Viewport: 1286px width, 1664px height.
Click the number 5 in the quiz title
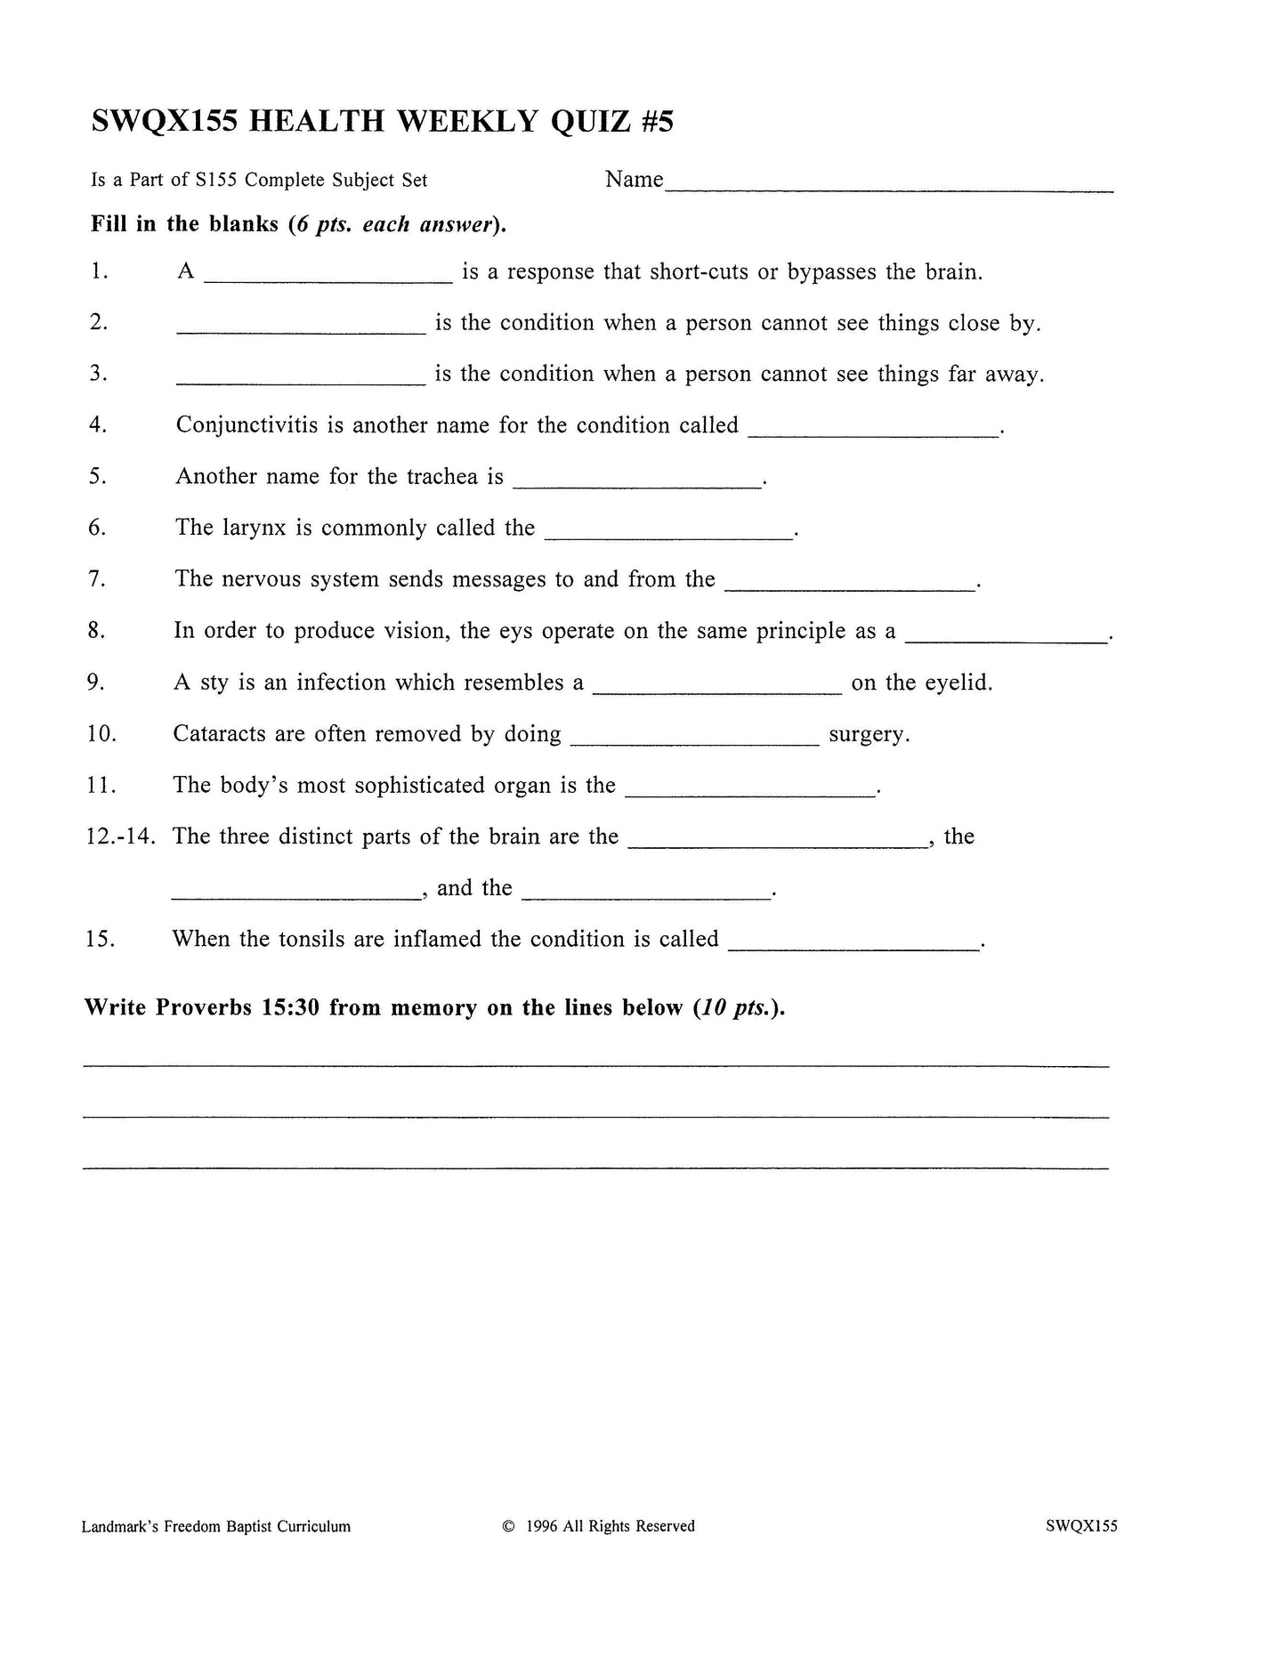click(664, 121)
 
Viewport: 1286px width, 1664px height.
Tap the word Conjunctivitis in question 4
click(247, 425)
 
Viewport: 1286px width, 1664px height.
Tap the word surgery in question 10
click(868, 735)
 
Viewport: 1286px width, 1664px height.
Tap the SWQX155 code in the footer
click(1081, 1527)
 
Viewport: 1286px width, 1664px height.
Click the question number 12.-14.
click(121, 837)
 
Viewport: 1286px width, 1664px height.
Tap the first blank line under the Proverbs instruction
click(596, 1064)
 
